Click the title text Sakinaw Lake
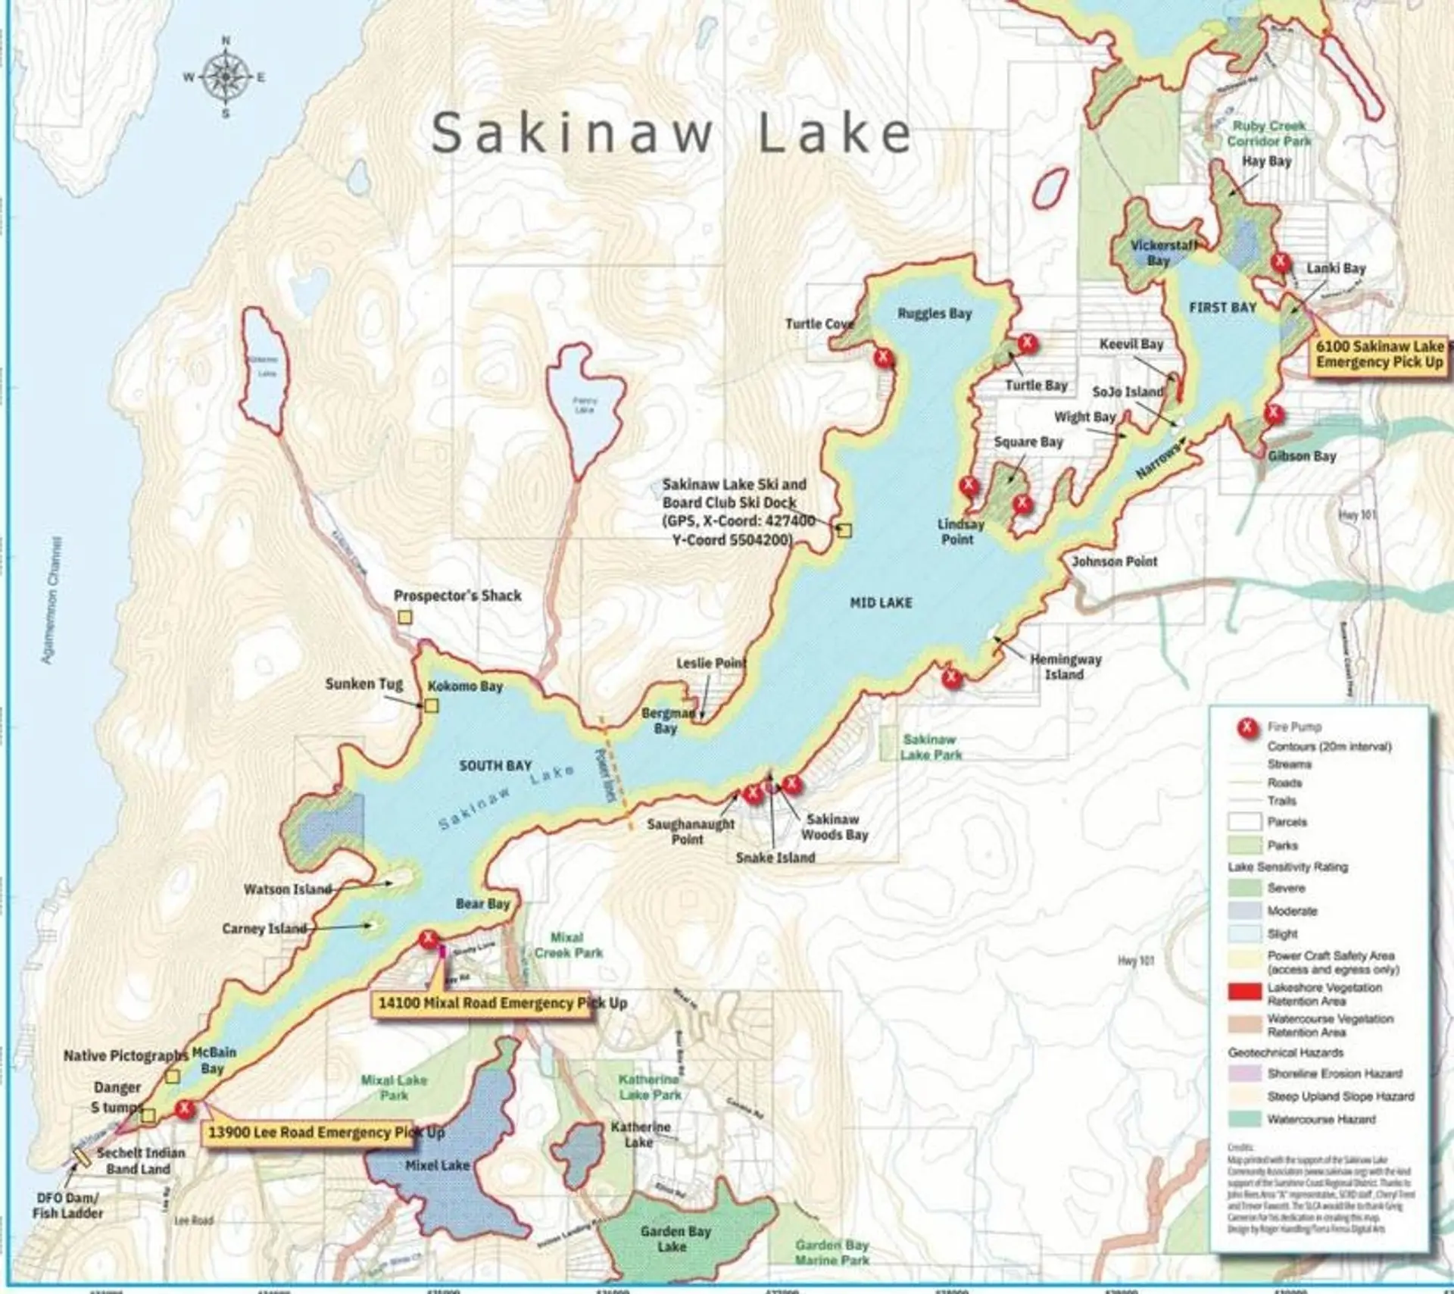[x=671, y=133]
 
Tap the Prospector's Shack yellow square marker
[x=405, y=617]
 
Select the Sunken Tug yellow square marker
[x=431, y=706]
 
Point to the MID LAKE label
[x=881, y=603]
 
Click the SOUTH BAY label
[x=495, y=766]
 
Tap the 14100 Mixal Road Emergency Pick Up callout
[x=502, y=1003]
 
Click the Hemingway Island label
[x=1065, y=667]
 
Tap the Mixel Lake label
[x=437, y=1165]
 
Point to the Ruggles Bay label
[x=934, y=314]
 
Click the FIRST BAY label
[x=1222, y=308]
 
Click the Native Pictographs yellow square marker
[x=173, y=1076]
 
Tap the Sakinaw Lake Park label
[x=930, y=747]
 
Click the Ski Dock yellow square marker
[x=844, y=531]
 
